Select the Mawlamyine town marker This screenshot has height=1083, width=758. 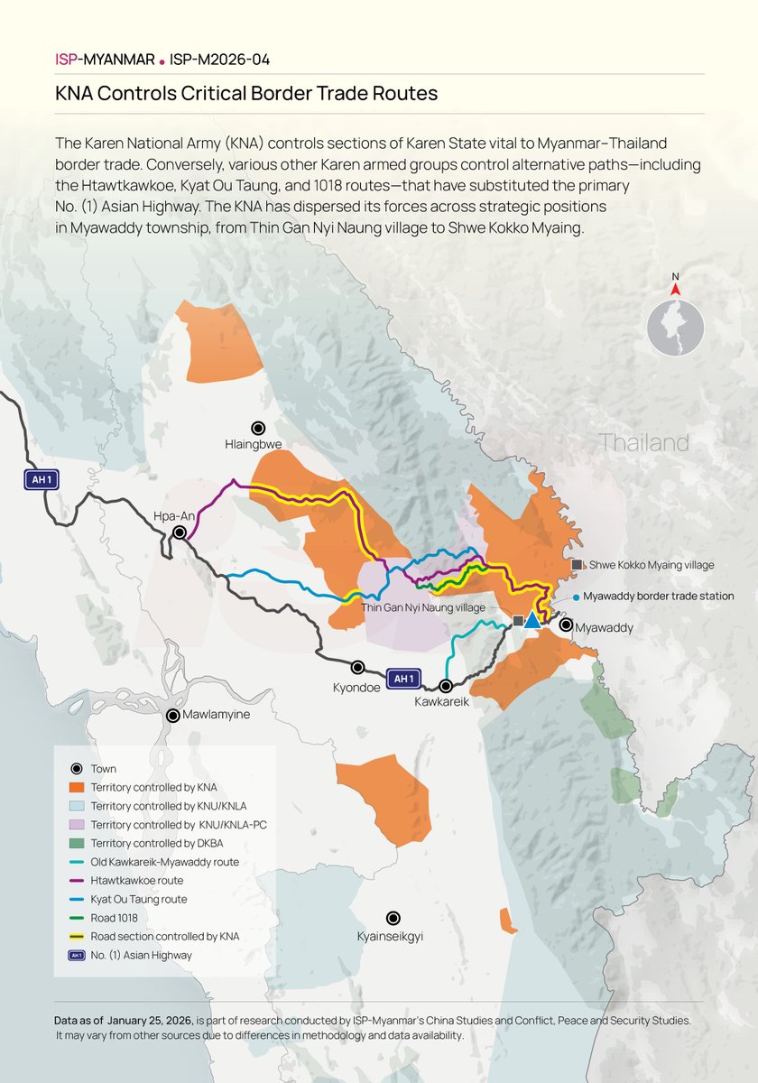(x=172, y=715)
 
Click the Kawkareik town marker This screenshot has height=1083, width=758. (x=446, y=685)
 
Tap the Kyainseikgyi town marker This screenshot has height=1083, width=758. (x=393, y=918)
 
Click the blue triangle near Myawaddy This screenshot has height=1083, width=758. (x=532, y=620)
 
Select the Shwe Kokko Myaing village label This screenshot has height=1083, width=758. (x=652, y=565)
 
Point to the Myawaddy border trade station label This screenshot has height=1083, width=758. (x=658, y=597)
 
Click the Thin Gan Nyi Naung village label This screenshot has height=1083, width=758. (x=423, y=608)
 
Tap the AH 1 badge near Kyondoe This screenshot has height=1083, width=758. (x=403, y=678)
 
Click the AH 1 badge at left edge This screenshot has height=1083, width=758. (x=41, y=480)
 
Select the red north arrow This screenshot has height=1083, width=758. (x=675, y=289)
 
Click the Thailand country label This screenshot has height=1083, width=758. (x=643, y=443)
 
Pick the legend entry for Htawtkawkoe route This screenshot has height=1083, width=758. (x=136, y=881)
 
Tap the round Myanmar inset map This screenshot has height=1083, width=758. (x=675, y=327)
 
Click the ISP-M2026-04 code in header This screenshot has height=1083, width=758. (x=219, y=60)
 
